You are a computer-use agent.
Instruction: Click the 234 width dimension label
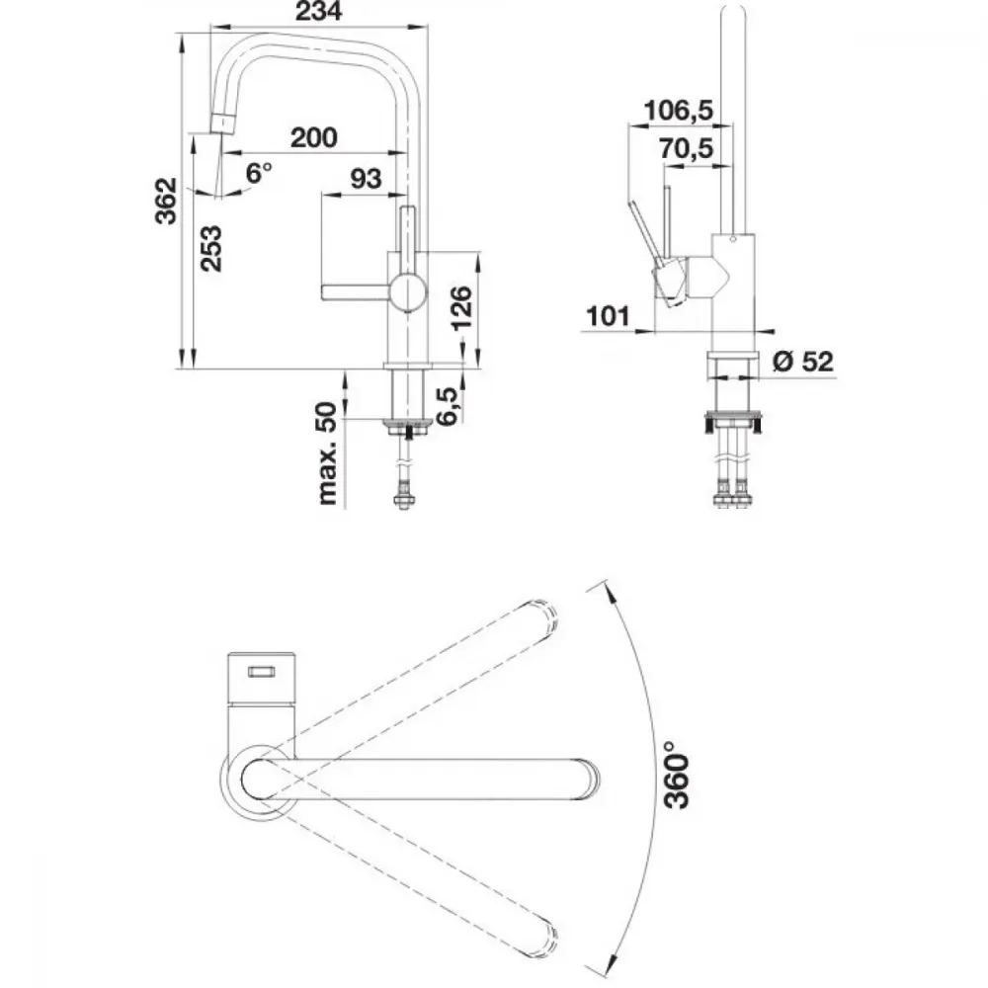[x=319, y=10]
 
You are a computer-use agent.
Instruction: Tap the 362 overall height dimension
[x=166, y=201]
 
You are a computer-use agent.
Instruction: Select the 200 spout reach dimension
[x=313, y=137]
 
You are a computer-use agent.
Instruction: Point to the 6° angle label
[x=258, y=172]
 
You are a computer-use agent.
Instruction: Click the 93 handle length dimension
[x=366, y=179]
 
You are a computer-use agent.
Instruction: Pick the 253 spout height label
[x=211, y=248]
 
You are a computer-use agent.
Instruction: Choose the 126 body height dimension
[x=461, y=307]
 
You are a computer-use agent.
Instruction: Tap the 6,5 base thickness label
[x=447, y=406]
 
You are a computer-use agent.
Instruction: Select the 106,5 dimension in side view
[x=678, y=111]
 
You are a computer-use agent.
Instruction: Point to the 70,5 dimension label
[x=687, y=149]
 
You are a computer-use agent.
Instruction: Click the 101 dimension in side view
[x=608, y=316]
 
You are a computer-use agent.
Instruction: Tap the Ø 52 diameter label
[x=802, y=361]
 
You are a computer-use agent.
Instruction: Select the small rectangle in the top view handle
[x=261, y=672]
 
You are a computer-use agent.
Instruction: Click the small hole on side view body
[x=733, y=240]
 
